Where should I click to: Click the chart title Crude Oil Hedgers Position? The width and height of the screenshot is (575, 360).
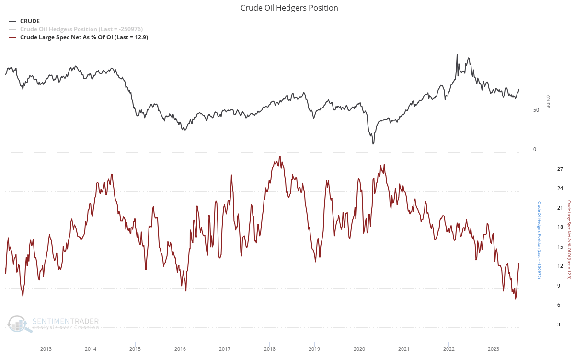click(x=289, y=8)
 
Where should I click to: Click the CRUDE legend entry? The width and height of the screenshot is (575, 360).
click(x=30, y=21)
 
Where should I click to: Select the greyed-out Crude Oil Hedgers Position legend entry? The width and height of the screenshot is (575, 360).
click(x=81, y=29)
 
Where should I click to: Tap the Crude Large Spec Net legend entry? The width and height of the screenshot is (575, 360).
click(x=83, y=37)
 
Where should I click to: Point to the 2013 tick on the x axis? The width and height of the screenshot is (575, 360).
click(x=46, y=348)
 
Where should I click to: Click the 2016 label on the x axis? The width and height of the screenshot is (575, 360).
click(x=180, y=348)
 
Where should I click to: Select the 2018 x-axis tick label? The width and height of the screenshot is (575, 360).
click(x=270, y=348)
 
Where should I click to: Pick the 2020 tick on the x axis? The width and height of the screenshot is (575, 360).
click(x=359, y=348)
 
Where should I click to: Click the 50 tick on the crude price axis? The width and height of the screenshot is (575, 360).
click(x=536, y=110)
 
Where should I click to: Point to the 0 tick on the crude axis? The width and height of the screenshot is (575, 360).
click(x=534, y=149)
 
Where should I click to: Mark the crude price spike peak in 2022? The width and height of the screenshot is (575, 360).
click(x=457, y=55)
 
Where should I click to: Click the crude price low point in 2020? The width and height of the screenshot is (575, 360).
click(x=373, y=144)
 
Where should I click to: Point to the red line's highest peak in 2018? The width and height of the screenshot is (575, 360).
click(x=280, y=156)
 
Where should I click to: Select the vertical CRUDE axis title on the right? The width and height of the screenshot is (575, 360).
click(x=548, y=101)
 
